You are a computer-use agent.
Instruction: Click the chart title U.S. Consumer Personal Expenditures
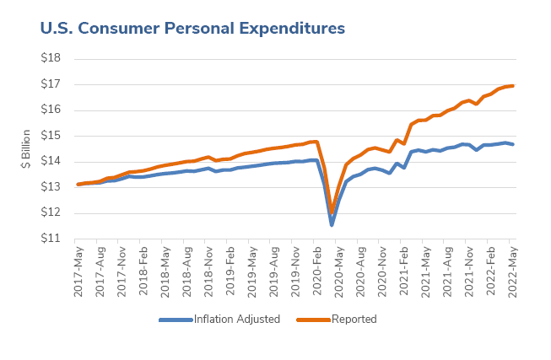pyautogui.click(x=192, y=28)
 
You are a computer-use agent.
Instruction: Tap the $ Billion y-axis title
pyautogui.click(x=26, y=148)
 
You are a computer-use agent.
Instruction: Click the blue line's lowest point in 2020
pyautogui.click(x=332, y=225)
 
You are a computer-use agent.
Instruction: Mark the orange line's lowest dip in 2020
pyautogui.click(x=332, y=212)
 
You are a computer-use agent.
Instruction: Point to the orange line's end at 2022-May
pyautogui.click(x=513, y=85)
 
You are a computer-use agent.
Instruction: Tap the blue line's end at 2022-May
pyautogui.click(x=513, y=144)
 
